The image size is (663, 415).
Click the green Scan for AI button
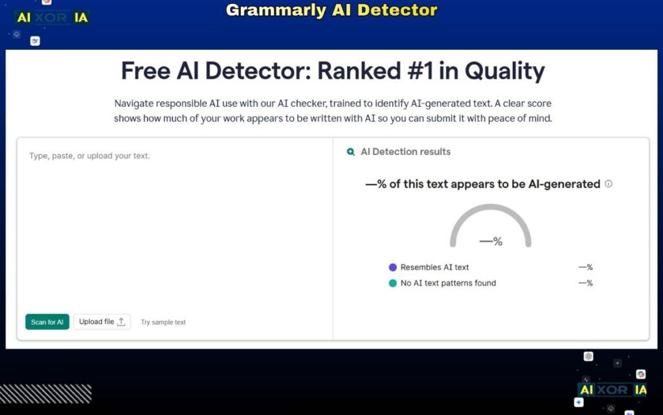pyautogui.click(x=47, y=322)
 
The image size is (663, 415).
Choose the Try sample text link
pyautogui.click(x=163, y=322)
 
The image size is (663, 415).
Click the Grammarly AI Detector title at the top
pyautogui.click(x=331, y=10)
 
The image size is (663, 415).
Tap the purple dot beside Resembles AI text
pyautogui.click(x=392, y=267)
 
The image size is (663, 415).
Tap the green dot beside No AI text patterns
pyautogui.click(x=392, y=283)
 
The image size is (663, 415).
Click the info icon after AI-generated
pyautogui.click(x=609, y=184)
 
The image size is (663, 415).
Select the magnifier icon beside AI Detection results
pyautogui.click(x=351, y=152)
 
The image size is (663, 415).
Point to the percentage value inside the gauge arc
pyautogui.click(x=491, y=241)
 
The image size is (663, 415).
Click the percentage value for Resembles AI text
pyautogui.click(x=585, y=267)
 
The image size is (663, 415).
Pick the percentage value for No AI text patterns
pyautogui.click(x=585, y=283)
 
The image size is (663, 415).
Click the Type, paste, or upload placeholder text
pyautogui.click(x=89, y=156)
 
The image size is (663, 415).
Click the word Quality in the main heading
pyautogui.click(x=504, y=71)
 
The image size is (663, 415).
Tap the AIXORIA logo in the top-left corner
pyautogui.click(x=52, y=18)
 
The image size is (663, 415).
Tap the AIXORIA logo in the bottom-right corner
pyautogui.click(x=612, y=390)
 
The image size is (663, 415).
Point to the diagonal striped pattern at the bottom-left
pyautogui.click(x=45, y=394)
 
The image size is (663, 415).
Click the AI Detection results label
pyautogui.click(x=405, y=152)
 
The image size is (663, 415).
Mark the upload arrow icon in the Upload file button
pyautogui.click(x=121, y=322)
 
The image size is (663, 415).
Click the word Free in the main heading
pyautogui.click(x=147, y=71)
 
